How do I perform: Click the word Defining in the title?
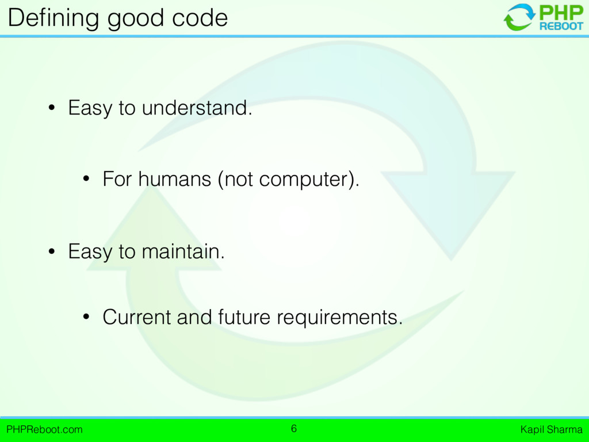pos(53,18)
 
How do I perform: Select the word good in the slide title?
pos(136,19)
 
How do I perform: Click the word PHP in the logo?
pos(561,13)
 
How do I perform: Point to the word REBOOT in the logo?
pos(561,26)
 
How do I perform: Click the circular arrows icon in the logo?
pos(519,17)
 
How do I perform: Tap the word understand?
pos(197,108)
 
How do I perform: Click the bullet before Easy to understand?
pos(52,108)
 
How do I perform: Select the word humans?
pos(175,178)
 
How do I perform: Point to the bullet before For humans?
pos(86,179)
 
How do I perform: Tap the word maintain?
pos(183,251)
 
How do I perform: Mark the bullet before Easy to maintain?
pos(52,252)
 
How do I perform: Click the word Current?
pos(137,317)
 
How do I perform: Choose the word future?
pos(244,317)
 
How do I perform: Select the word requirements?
pos(339,318)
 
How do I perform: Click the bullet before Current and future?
pos(86,317)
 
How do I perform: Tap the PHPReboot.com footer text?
pos(44,429)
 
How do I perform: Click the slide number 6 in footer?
pos(294,428)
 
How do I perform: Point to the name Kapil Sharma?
pos(552,429)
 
